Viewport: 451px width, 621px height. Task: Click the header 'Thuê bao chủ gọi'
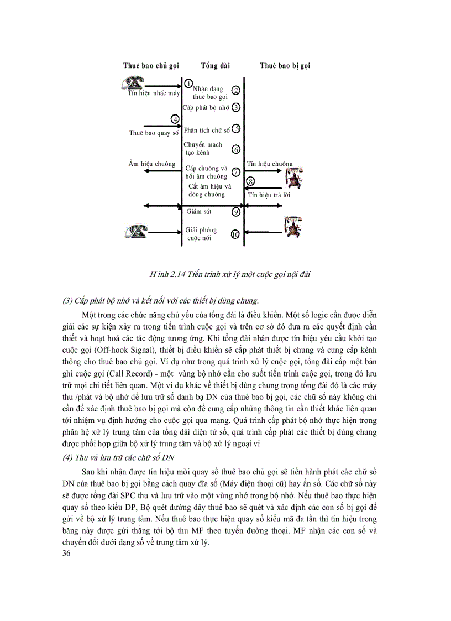point(151,66)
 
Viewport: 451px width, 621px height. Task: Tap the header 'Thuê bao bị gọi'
point(285,66)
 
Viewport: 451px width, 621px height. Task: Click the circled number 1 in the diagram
point(188,84)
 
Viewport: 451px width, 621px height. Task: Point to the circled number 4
point(175,119)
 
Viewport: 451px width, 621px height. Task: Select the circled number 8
point(250,181)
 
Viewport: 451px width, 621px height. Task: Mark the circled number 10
point(235,234)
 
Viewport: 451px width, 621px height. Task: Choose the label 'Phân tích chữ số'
point(207,131)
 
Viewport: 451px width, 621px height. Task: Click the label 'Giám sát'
point(199,212)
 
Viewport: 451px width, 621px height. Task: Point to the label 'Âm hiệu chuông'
point(151,164)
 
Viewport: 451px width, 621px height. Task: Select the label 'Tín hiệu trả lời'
point(269,195)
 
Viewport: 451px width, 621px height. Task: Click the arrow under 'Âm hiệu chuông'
point(162,171)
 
